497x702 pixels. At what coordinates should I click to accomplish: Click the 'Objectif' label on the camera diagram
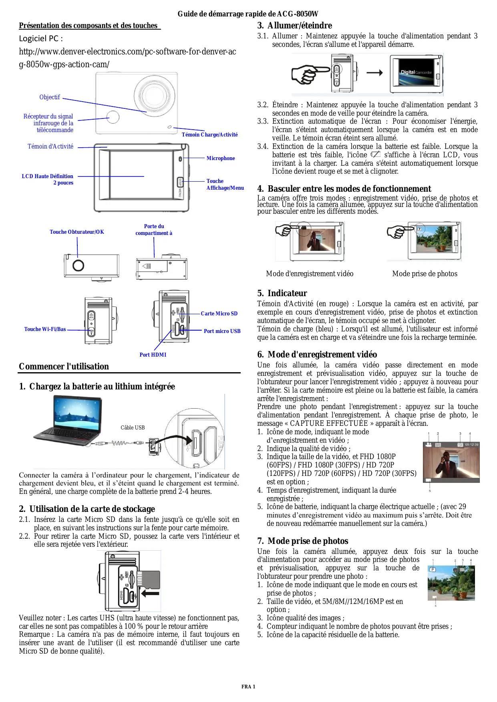tap(50, 97)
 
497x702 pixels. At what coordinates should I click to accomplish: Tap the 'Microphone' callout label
tap(221, 158)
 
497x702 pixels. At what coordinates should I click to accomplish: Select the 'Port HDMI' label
tap(153, 355)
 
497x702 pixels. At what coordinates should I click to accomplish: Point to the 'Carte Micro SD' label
tap(219, 314)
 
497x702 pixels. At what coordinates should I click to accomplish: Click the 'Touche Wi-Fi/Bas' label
tap(45, 329)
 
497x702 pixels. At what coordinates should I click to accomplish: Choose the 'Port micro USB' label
tap(222, 331)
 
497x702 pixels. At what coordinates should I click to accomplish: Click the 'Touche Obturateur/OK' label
tap(77, 232)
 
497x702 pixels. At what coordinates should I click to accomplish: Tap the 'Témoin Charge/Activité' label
tap(209, 135)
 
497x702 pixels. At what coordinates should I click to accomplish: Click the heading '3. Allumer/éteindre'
tap(294, 26)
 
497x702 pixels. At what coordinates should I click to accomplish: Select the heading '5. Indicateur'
tap(282, 293)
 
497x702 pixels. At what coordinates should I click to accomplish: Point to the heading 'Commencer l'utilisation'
tap(64, 367)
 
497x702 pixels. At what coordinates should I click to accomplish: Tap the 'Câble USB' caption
tap(133, 428)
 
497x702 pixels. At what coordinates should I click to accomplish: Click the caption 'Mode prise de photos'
tap(425, 274)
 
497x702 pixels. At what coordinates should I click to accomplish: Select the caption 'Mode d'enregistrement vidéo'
tap(310, 274)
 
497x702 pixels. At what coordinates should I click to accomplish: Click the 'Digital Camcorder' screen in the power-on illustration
tap(416, 72)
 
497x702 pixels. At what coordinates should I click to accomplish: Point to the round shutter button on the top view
tap(78, 265)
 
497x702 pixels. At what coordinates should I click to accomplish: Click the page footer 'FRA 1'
tap(248, 687)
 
